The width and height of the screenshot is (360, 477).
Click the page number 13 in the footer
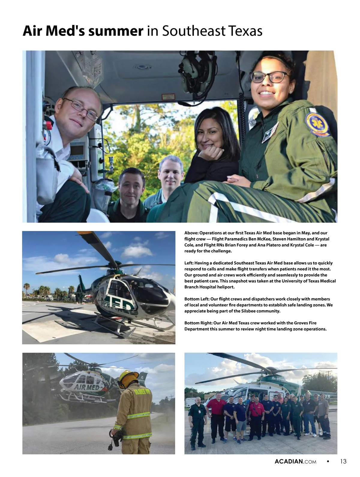pos(343,461)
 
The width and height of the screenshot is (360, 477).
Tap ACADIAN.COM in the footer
pos(295,462)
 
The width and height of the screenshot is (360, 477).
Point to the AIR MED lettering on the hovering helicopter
pos(87,387)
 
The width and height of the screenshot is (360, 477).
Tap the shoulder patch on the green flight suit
pos(317,124)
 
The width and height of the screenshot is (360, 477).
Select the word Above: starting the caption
pos(191,233)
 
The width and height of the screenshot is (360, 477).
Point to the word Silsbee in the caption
pos(249,311)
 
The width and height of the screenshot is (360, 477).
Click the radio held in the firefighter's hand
pos(115,438)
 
